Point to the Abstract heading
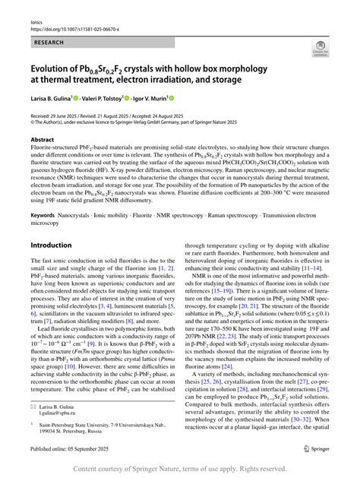pyautogui.click(x=42, y=140)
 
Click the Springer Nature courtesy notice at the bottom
pyautogui.click(x=180, y=469)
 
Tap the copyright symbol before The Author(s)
pyautogui.click(x=33, y=121)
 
